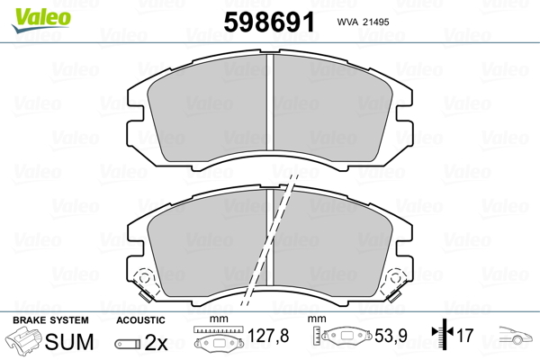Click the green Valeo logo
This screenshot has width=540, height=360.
point(41,20)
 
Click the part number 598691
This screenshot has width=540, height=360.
point(269,22)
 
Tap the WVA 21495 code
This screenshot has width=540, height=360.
point(363,22)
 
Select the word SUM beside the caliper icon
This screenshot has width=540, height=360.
point(69,342)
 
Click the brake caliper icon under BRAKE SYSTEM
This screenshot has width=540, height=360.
point(23,340)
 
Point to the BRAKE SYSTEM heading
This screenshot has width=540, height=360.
point(50,320)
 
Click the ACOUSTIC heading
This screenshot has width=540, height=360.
point(140,320)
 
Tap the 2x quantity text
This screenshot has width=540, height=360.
point(156,342)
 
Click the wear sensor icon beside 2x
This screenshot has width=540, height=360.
point(128,344)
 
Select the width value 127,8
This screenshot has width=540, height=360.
point(268,336)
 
